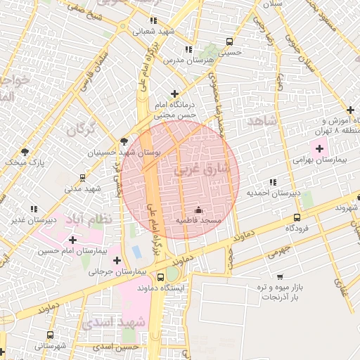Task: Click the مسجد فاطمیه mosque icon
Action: pos(198,210)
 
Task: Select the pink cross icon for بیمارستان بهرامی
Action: pos(320,148)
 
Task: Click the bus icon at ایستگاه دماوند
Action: pos(161,277)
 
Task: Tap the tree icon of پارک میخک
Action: pos(25,152)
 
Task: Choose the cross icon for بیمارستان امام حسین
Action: pos(72,239)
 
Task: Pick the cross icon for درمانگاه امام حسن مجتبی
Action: pos(174,93)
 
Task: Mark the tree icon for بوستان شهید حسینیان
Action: pos(124,141)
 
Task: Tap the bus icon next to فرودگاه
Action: pos(297,217)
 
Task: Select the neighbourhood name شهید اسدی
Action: pos(122,322)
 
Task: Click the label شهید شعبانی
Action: pos(155,32)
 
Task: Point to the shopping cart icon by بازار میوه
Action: pos(280,276)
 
